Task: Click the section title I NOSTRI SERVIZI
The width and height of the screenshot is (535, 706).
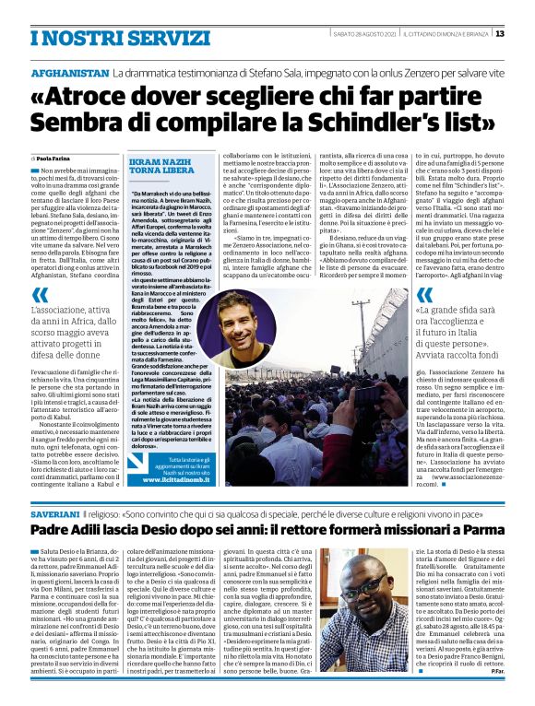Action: [93, 37]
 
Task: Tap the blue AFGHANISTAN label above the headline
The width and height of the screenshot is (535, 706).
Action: [69, 72]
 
